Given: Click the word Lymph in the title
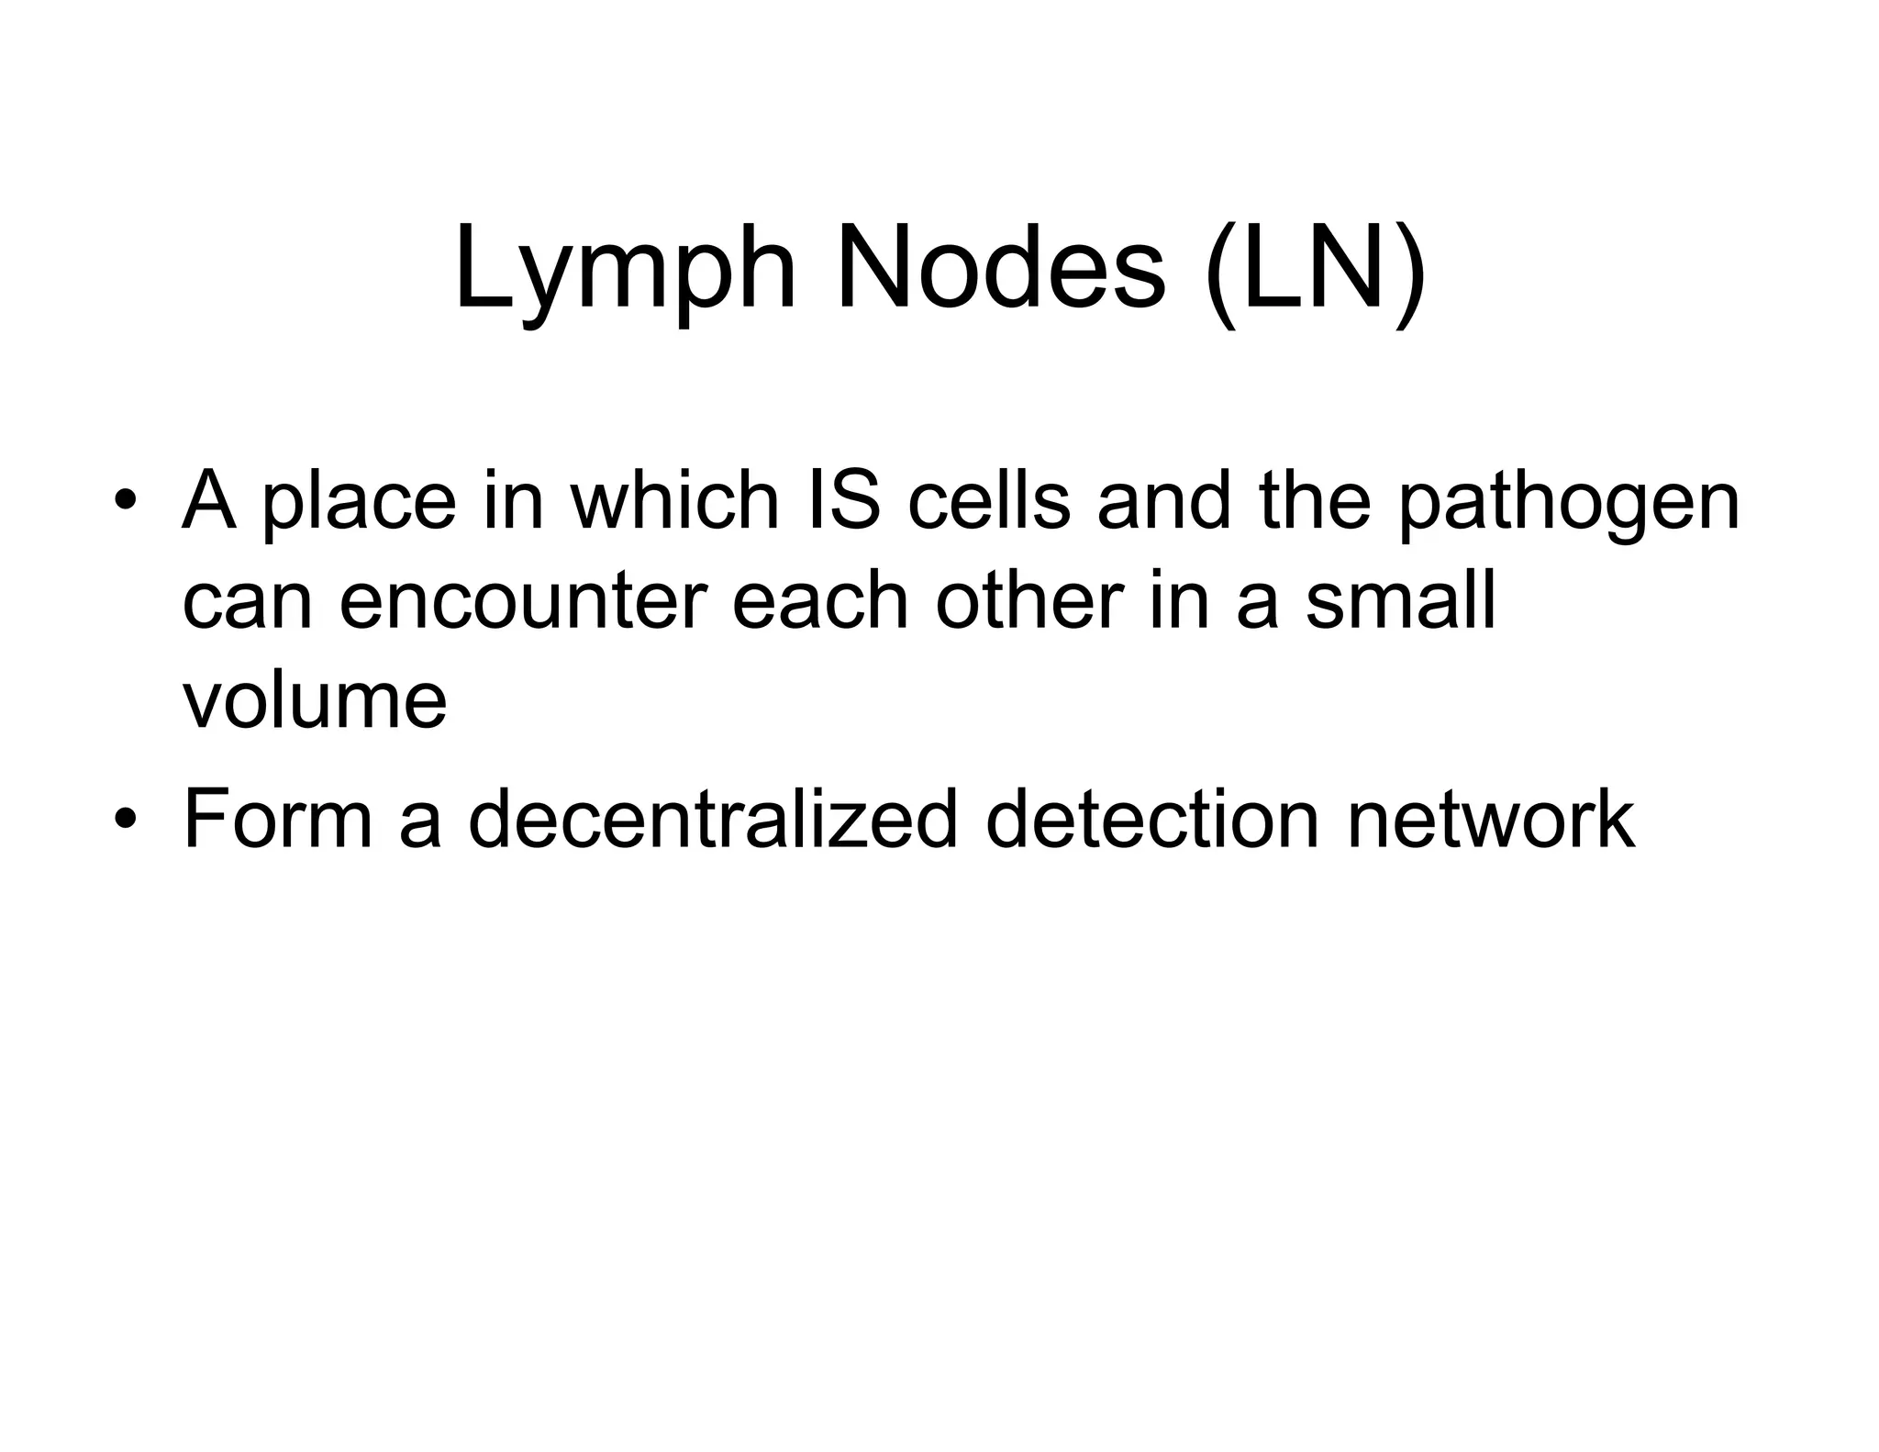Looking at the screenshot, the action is click(x=624, y=273).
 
